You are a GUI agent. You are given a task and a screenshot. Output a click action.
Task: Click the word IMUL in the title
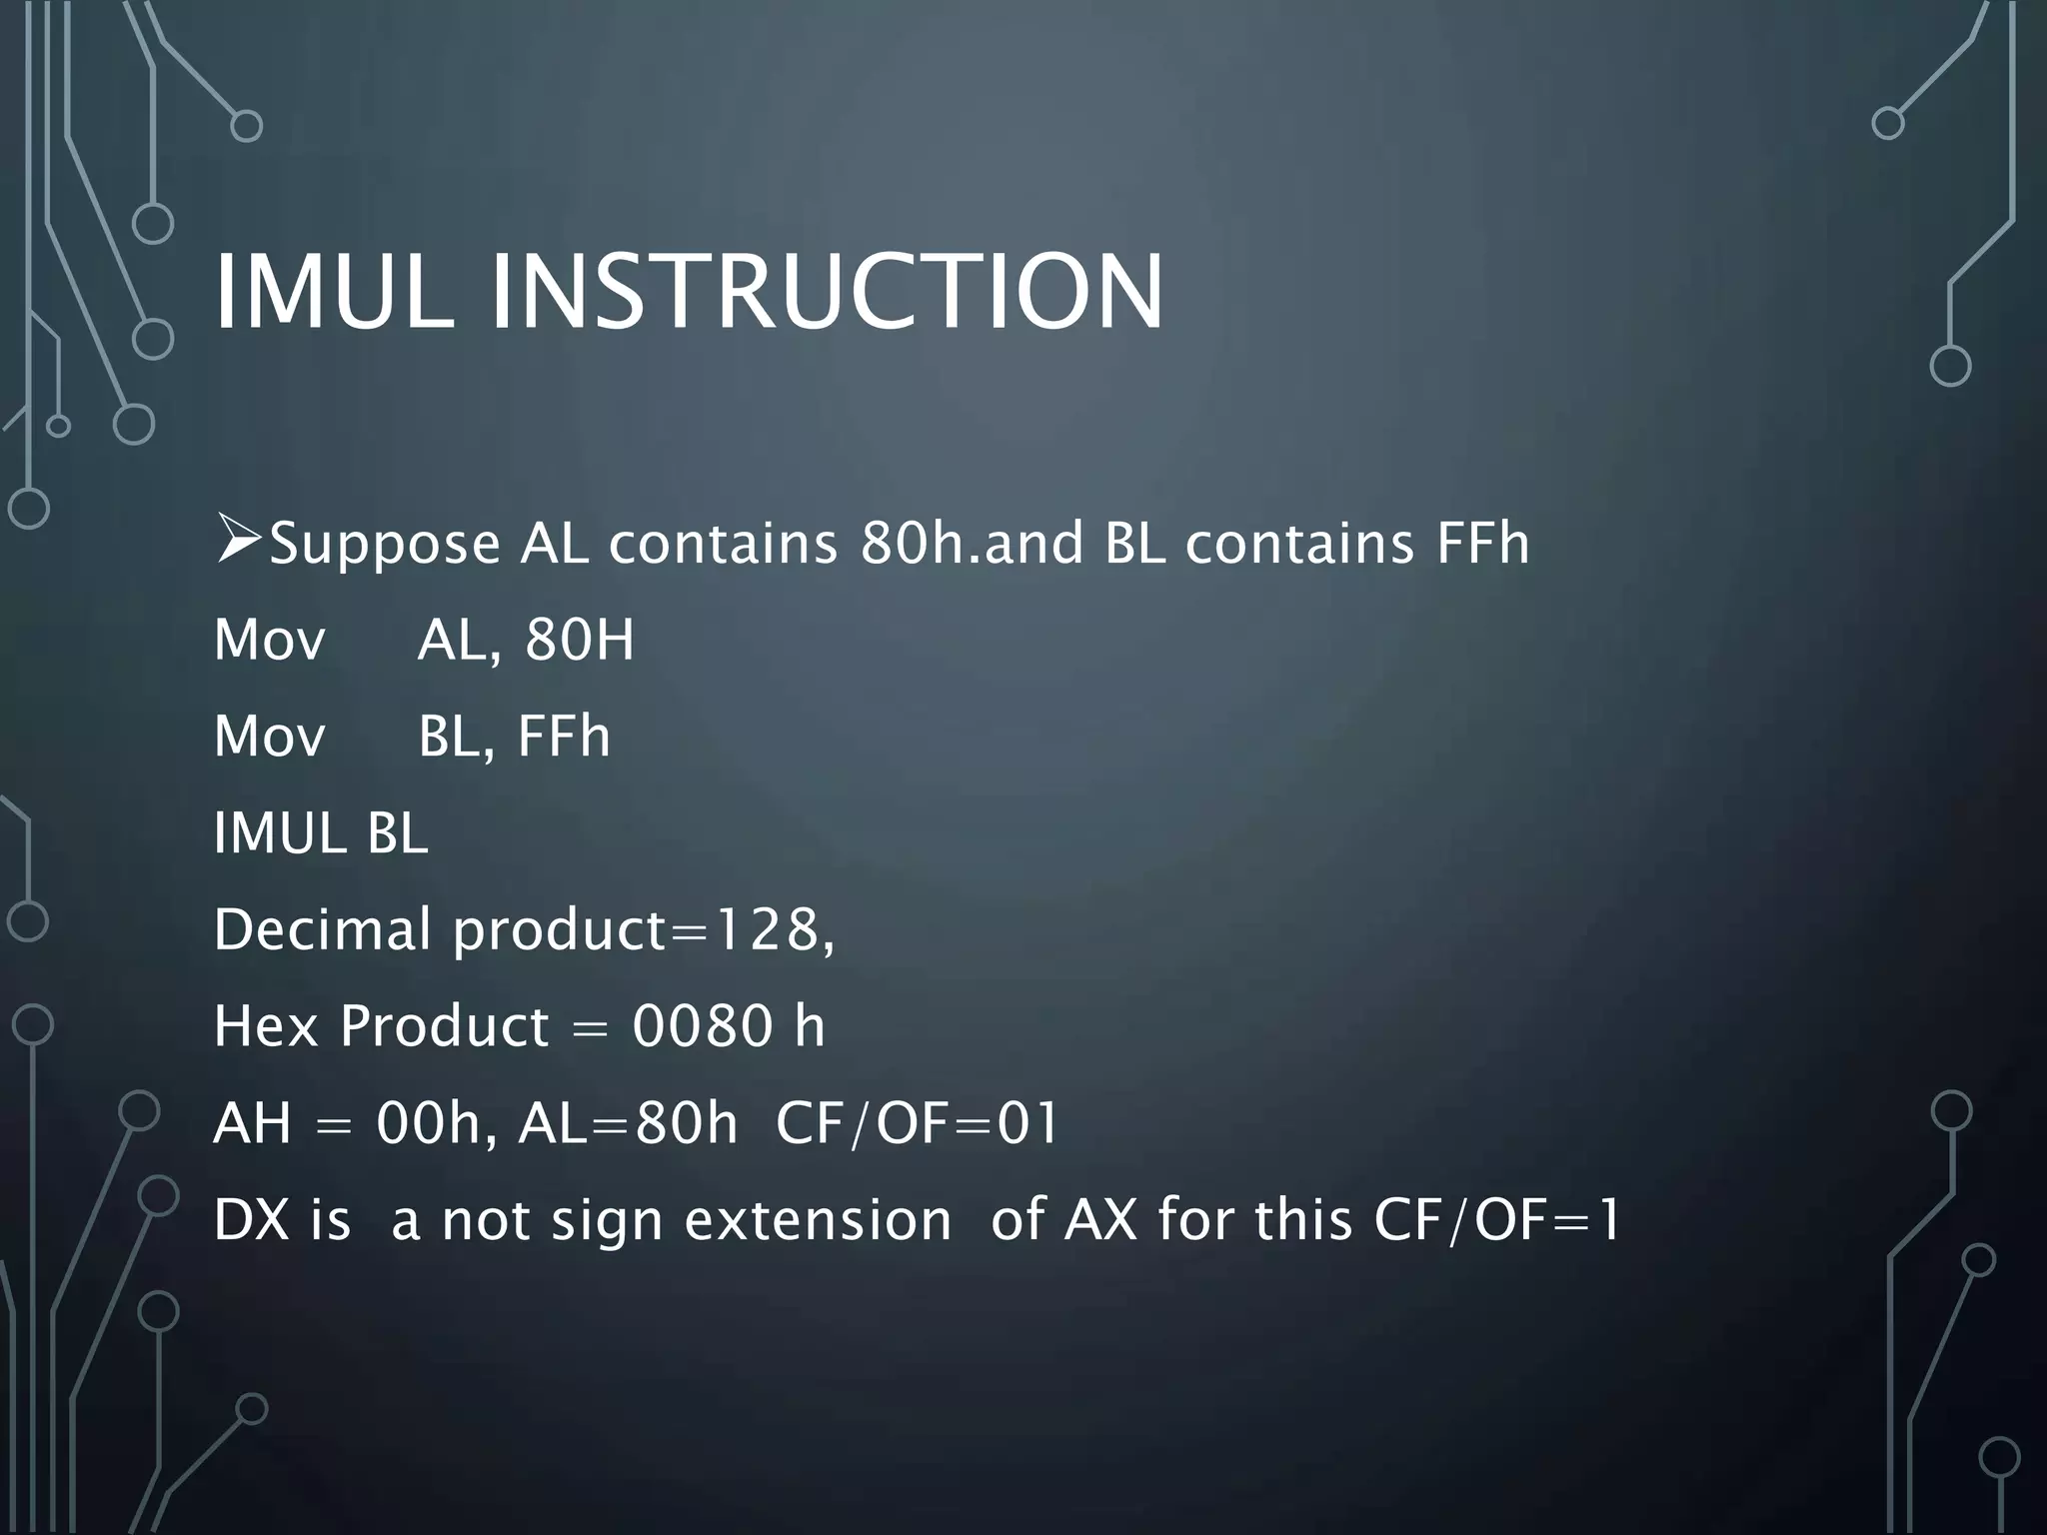(333, 292)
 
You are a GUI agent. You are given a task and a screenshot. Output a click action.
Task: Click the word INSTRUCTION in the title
(827, 292)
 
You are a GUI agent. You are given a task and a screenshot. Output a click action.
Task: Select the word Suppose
(385, 546)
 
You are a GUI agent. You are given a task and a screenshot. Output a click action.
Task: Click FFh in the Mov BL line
(563, 737)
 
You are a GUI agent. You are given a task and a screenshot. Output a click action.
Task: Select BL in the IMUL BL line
(397, 833)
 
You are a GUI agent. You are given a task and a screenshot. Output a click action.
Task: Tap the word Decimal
(323, 929)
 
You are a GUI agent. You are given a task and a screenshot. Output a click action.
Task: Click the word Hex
(265, 1026)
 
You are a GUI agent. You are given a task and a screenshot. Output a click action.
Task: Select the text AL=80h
(627, 1123)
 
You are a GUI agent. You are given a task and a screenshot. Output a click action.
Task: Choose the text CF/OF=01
(917, 1123)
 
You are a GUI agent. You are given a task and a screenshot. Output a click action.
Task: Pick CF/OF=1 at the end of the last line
(1496, 1220)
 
